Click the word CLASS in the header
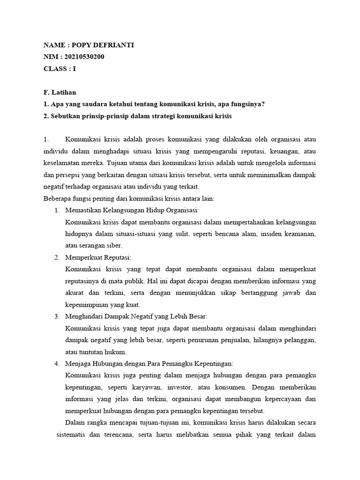coord(55,68)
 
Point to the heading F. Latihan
coord(60,92)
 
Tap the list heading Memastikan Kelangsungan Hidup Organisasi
coord(132,210)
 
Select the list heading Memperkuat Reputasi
coord(98,257)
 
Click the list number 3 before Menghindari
coord(56,316)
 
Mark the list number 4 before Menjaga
coord(56,363)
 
